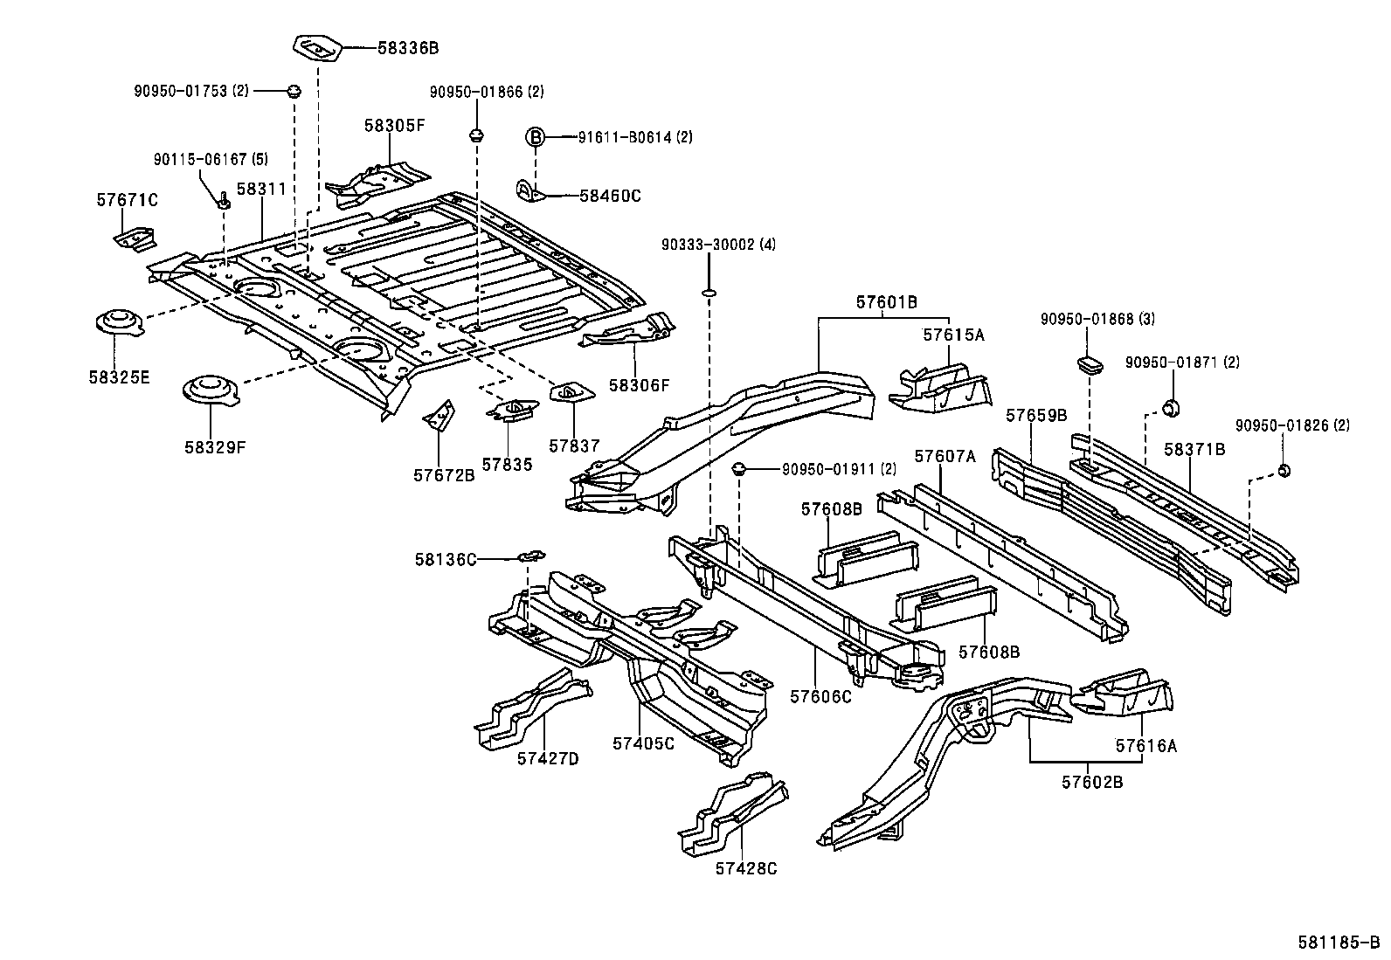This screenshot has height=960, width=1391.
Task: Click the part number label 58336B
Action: [x=407, y=48]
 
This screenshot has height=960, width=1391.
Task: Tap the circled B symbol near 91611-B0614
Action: [x=535, y=137]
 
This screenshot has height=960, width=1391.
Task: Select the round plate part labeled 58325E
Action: [x=118, y=323]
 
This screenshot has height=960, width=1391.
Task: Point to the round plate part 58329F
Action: [x=210, y=390]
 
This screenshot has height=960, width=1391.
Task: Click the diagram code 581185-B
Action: [x=1337, y=943]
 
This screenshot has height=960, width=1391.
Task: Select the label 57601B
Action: [x=886, y=302]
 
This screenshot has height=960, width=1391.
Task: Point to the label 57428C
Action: [x=745, y=868]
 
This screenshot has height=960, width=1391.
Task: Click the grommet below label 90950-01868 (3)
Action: [x=1089, y=362]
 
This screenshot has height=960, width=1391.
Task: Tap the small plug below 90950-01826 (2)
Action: [x=1284, y=472]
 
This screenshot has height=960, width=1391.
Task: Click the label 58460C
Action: [x=610, y=196]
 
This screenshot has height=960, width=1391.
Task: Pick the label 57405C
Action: [x=643, y=743]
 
